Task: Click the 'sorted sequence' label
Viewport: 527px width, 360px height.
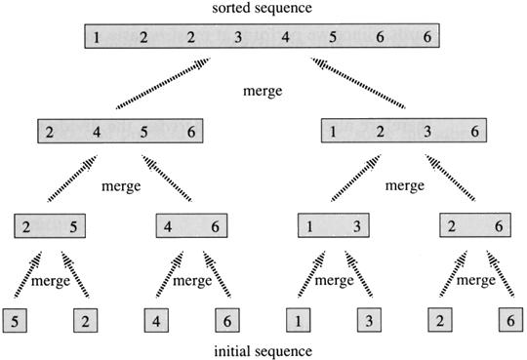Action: click(x=263, y=9)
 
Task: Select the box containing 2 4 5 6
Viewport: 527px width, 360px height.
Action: click(x=119, y=131)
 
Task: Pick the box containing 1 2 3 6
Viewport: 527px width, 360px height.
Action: click(x=404, y=131)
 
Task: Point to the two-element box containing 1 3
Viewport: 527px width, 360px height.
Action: click(x=333, y=227)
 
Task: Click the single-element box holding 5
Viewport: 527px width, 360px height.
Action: click(x=17, y=319)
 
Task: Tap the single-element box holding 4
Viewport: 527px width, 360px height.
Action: click(x=157, y=319)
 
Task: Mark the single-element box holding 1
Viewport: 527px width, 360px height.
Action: click(x=298, y=319)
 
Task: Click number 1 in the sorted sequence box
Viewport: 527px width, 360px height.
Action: click(x=98, y=39)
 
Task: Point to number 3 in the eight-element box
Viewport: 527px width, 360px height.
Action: click(x=238, y=39)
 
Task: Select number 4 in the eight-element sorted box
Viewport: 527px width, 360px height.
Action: click(x=285, y=39)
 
